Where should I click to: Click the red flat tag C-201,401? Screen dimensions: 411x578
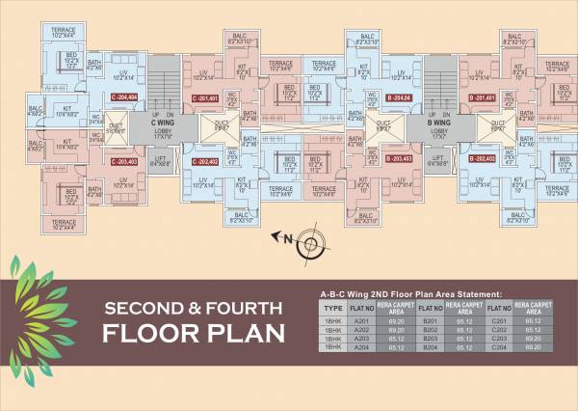[205, 98]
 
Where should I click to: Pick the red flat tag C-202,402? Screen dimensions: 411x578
[205, 161]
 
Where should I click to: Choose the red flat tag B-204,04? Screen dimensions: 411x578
[398, 98]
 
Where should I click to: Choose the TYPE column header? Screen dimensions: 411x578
[335, 309]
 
